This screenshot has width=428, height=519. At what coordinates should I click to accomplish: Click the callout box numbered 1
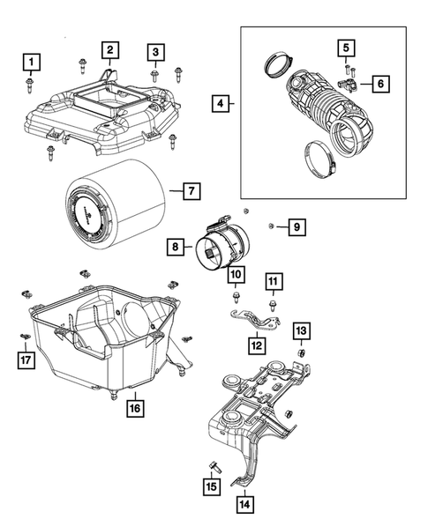[x=31, y=62]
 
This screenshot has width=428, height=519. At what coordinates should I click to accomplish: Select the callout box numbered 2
[x=109, y=49]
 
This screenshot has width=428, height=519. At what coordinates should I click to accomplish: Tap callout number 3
[x=154, y=53]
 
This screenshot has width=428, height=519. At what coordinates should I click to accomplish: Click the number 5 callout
[x=347, y=47]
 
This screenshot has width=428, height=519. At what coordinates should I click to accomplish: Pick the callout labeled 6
[x=380, y=84]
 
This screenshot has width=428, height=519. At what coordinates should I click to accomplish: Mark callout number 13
[x=301, y=330]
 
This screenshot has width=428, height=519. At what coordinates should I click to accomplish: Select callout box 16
[x=135, y=408]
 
